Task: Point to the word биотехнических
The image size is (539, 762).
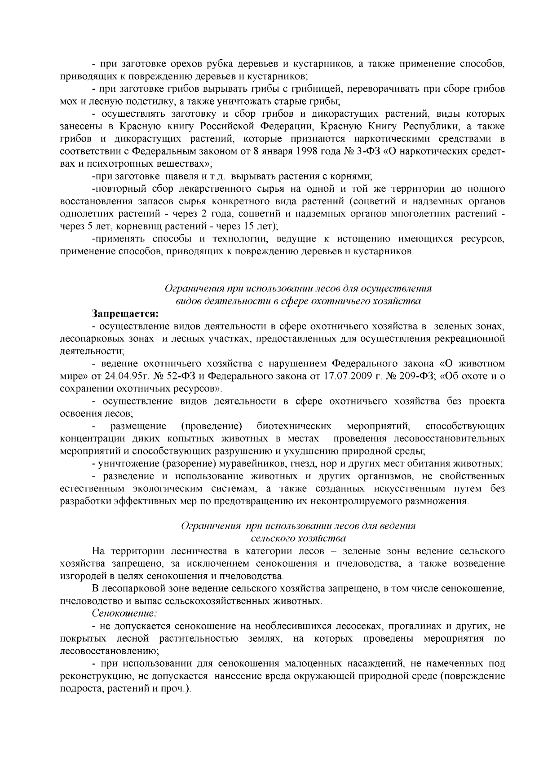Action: point(295,426)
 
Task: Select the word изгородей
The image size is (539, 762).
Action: point(81,576)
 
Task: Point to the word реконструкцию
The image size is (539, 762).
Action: point(90,676)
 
